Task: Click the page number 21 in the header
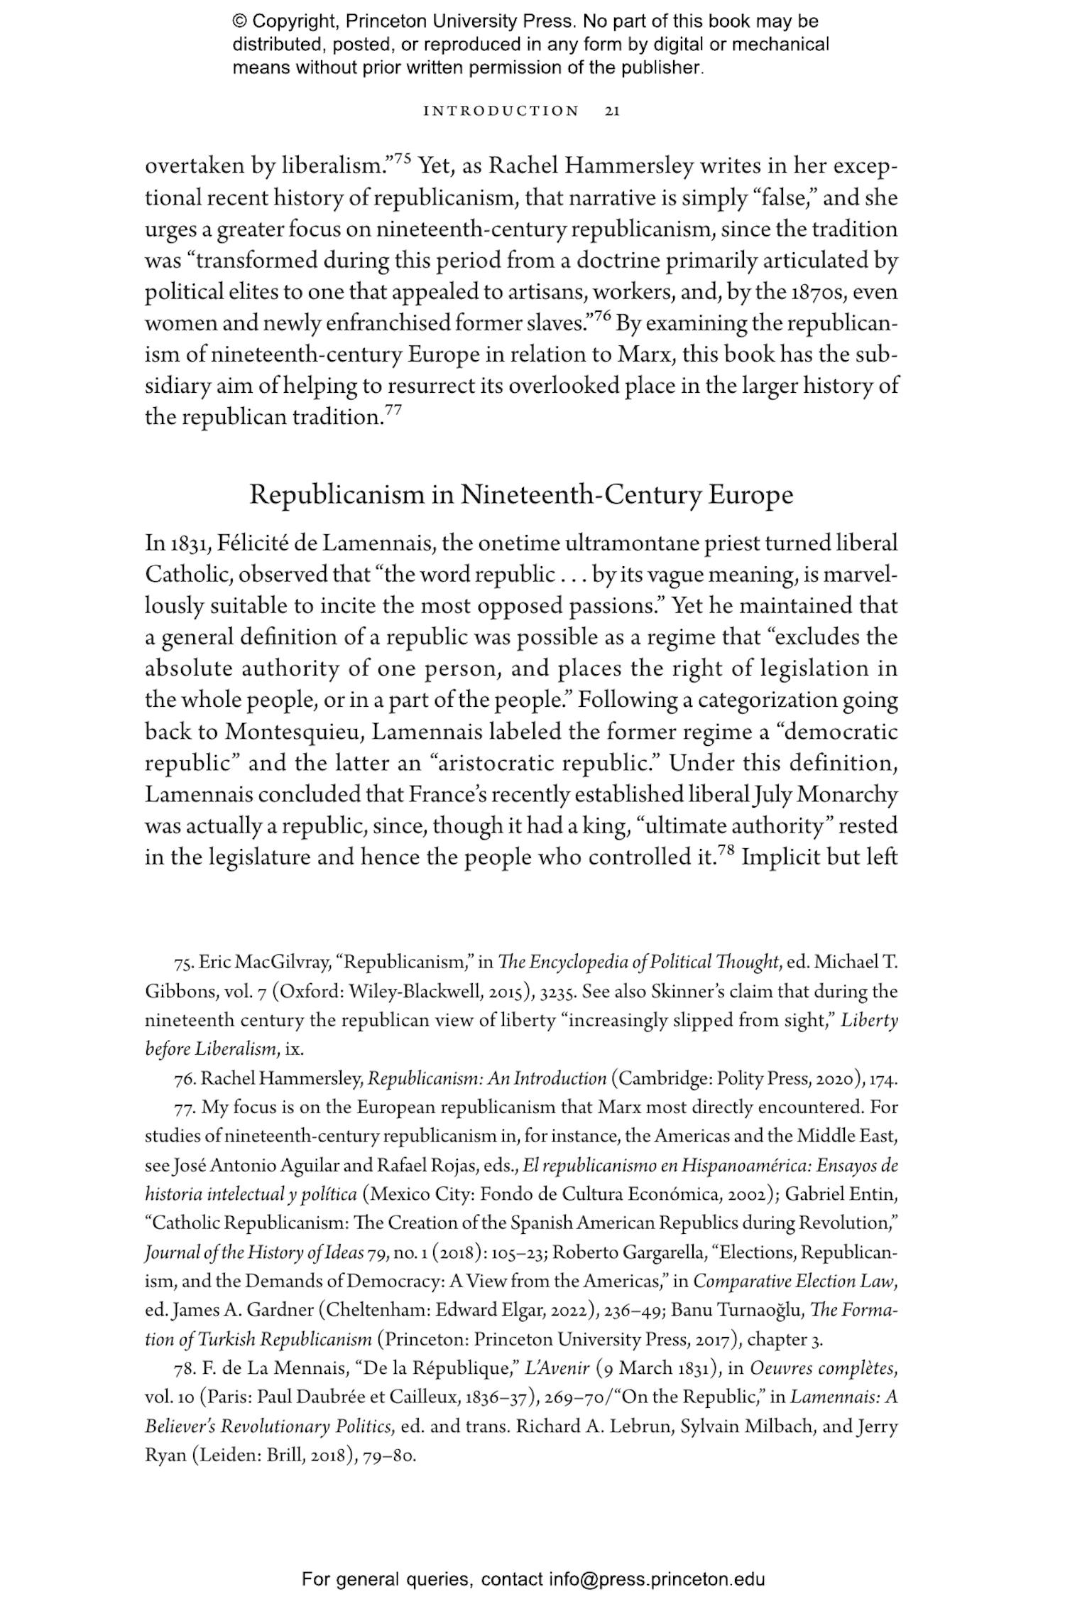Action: [612, 111]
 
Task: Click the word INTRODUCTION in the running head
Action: [501, 111]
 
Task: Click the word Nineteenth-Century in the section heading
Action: [581, 494]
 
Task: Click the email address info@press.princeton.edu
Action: [656, 1580]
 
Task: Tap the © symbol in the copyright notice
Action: [239, 21]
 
